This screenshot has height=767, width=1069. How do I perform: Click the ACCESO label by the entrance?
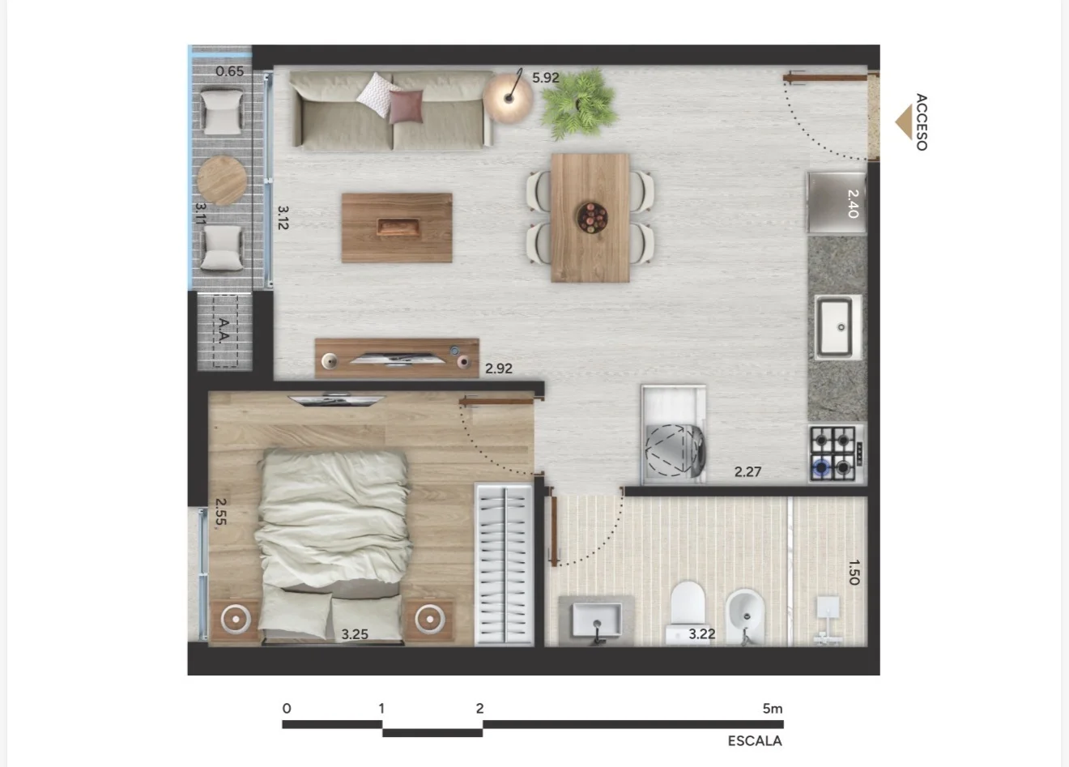(x=922, y=122)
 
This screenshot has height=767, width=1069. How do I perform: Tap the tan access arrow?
(x=904, y=122)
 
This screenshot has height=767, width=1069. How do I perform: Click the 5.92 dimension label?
(x=546, y=77)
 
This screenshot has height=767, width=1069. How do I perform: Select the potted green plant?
(x=579, y=104)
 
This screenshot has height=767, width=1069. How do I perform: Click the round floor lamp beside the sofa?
(x=509, y=98)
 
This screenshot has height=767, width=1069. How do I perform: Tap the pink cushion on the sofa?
(x=406, y=107)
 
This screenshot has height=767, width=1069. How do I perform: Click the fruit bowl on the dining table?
(x=592, y=218)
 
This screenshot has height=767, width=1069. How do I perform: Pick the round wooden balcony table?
(x=222, y=181)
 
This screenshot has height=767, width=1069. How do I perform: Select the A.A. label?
(x=224, y=330)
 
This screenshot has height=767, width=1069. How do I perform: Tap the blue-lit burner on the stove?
(x=821, y=467)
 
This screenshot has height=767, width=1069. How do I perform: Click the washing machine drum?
(x=673, y=450)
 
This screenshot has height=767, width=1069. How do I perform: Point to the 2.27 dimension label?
(x=747, y=472)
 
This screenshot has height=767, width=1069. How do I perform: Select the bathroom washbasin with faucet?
(x=597, y=620)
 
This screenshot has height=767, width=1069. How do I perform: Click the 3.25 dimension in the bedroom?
(x=355, y=634)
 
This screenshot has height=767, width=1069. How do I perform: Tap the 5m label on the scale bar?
(x=773, y=709)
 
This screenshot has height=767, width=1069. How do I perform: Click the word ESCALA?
(x=755, y=741)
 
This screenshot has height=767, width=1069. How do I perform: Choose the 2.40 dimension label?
(x=853, y=204)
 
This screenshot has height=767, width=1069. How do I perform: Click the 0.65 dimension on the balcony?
(x=229, y=71)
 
